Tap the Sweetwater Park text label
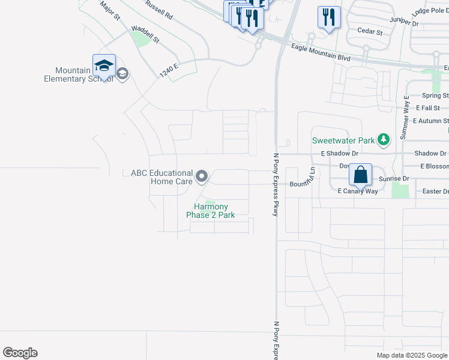(x=343, y=141)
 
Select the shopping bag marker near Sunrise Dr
(x=360, y=175)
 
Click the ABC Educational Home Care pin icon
(x=202, y=176)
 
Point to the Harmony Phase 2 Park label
(x=210, y=211)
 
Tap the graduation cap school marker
(x=104, y=65)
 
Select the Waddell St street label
(x=145, y=34)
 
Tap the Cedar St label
(x=369, y=31)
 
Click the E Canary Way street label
(x=358, y=191)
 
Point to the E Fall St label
(x=432, y=108)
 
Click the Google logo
(x=20, y=353)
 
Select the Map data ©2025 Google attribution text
(x=412, y=355)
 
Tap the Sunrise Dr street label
(x=394, y=179)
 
